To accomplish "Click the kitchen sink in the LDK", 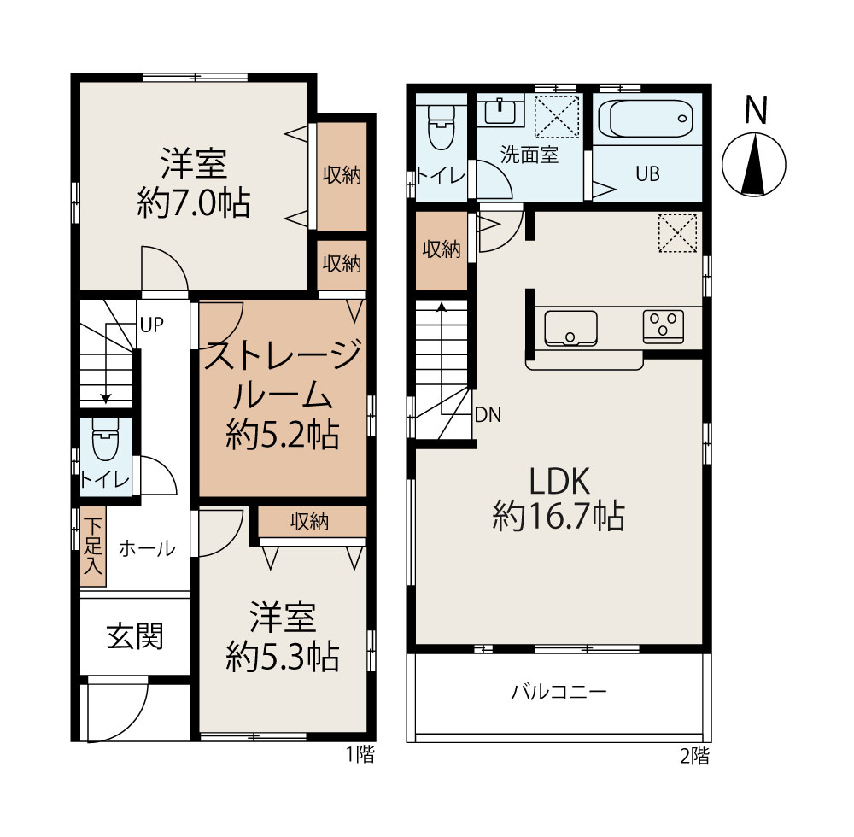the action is coord(570,328).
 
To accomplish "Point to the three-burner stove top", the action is coord(664,326).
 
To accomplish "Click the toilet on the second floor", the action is coord(442,127).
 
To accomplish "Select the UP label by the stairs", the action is coord(151,325).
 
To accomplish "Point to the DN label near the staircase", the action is coord(488,415).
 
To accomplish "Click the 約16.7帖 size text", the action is coord(559,516).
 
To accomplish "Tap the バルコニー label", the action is coord(559,692).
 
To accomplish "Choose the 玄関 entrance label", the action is coord(135,636).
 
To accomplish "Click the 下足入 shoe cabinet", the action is coord(93,547).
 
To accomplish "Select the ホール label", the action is coord(147,548).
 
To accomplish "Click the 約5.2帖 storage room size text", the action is coord(283,435).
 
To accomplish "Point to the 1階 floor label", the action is coord(361,754).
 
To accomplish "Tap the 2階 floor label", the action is coord(695,756).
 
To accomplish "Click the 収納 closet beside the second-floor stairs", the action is coord(442,250).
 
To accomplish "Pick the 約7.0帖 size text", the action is coord(194,203).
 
